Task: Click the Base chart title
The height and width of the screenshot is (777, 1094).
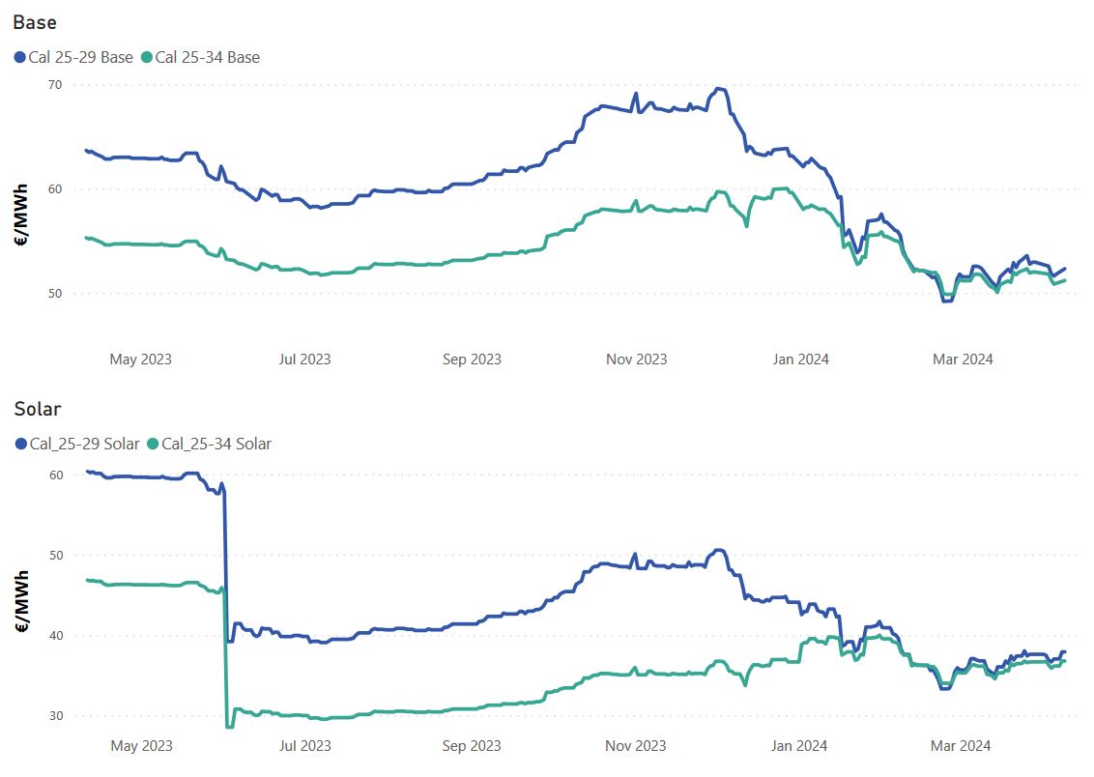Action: [35, 21]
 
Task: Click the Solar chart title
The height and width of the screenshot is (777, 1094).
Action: [38, 409]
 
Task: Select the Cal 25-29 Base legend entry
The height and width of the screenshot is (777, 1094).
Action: [80, 57]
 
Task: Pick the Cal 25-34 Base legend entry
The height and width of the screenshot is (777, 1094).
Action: [207, 57]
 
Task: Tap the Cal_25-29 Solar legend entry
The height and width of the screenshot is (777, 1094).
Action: [81, 444]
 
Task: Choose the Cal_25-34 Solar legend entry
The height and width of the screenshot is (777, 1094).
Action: [216, 444]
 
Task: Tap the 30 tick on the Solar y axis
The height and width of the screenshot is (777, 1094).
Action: [56, 716]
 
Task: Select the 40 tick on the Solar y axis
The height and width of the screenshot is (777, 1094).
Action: [56, 636]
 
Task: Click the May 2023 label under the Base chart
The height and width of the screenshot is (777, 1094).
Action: [141, 360]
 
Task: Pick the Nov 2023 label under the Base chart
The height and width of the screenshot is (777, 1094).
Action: [636, 360]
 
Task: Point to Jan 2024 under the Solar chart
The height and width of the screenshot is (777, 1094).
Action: [799, 746]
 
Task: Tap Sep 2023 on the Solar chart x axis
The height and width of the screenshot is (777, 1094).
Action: [472, 746]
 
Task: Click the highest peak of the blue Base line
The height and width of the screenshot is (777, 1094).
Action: [717, 88]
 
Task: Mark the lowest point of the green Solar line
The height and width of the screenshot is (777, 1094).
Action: [228, 727]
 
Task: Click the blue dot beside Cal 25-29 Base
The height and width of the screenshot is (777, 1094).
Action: [20, 58]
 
